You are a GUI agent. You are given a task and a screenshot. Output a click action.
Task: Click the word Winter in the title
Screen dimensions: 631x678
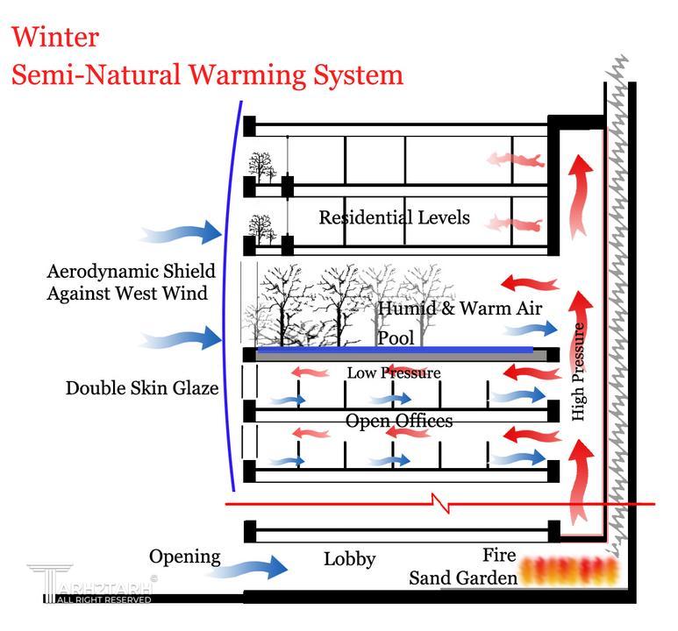coord(55,37)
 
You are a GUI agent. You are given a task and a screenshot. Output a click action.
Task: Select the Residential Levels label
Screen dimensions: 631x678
coord(394,217)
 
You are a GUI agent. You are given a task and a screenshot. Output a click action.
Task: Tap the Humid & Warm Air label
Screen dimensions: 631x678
coord(460,308)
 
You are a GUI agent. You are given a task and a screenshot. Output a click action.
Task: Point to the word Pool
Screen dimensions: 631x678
coord(395,338)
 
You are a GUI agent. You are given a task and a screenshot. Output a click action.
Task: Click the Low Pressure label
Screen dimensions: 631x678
coord(393,373)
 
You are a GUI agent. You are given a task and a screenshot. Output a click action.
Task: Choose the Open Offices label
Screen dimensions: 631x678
coord(399,421)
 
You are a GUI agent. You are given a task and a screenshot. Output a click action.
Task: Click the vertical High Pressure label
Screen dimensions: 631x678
coord(578,372)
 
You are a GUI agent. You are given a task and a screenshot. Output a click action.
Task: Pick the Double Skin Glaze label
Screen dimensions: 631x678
coord(142,387)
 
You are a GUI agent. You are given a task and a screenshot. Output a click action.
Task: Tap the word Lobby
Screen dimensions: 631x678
coord(349,559)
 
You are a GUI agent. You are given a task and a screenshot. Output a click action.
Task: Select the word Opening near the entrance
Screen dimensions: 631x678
coord(184,557)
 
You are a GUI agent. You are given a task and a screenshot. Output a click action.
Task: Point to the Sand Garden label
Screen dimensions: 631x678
coord(461,578)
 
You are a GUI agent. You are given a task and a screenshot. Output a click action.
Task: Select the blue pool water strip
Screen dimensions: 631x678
coord(395,351)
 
